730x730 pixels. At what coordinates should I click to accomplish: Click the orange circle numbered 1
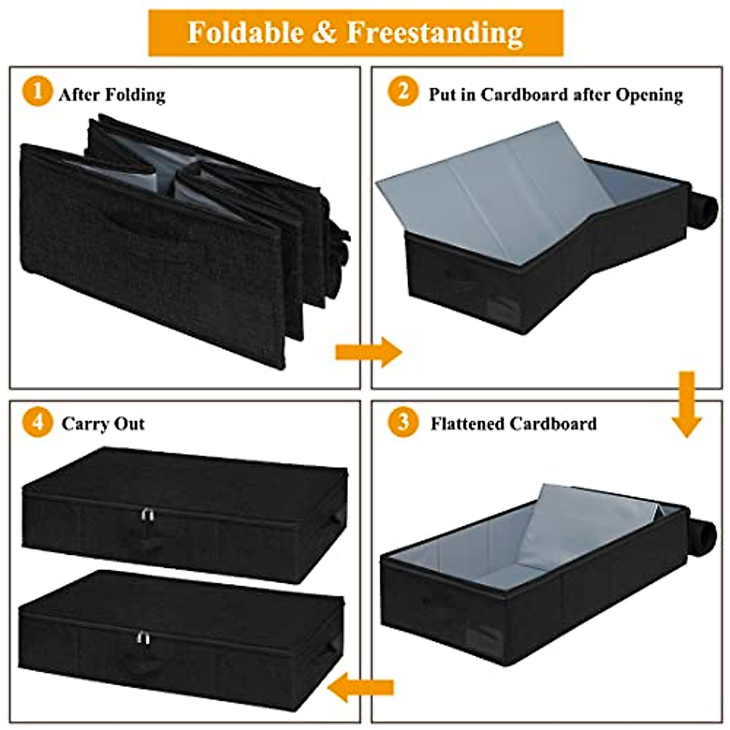point(37,93)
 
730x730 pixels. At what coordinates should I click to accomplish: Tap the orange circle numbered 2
point(403,93)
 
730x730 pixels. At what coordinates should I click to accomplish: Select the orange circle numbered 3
point(403,422)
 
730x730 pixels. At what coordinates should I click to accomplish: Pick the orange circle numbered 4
point(37,422)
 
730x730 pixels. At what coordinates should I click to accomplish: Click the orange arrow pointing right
point(368,352)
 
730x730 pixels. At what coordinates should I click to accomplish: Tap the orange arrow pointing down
point(687,405)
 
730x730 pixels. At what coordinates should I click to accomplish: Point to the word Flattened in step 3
point(467,424)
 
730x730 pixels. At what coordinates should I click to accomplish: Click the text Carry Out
point(103,424)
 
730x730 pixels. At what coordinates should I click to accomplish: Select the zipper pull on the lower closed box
point(142,638)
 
